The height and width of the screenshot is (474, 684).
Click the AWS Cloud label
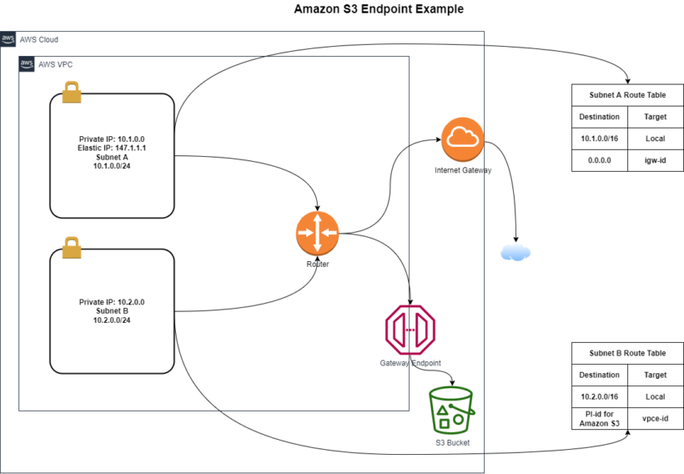tap(38, 40)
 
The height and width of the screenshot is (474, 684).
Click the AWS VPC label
tap(56, 64)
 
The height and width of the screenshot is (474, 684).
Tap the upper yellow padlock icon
tap(72, 92)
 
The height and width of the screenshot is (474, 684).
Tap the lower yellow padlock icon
tap(72, 248)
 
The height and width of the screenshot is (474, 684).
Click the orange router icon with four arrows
tap(317, 233)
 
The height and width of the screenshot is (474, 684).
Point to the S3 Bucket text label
tap(452, 443)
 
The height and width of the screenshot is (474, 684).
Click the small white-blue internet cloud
tap(516, 251)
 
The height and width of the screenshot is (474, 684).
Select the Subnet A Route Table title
tap(627, 95)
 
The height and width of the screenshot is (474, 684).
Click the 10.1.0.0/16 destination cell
tap(599, 139)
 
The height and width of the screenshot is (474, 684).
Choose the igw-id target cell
tap(655, 160)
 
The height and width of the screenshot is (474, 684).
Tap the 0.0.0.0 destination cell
tap(599, 160)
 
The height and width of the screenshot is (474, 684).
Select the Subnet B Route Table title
tap(627, 353)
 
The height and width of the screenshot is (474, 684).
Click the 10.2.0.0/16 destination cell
tap(599, 396)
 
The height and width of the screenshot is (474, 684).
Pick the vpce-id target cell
tap(655, 419)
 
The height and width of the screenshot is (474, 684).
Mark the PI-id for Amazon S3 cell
tap(599, 419)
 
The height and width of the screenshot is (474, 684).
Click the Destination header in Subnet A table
tap(599, 117)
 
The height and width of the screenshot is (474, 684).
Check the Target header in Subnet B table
tap(655, 375)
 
